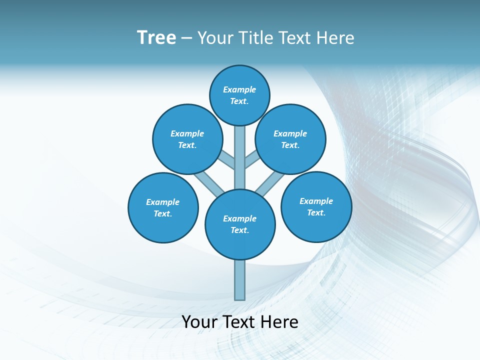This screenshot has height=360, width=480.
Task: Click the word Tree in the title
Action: pyautogui.click(x=156, y=38)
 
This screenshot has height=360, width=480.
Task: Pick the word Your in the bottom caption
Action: pyautogui.click(x=200, y=322)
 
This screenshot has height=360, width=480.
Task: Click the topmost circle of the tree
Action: pyautogui.click(x=239, y=95)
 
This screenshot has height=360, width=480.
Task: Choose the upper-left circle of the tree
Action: pyautogui.click(x=187, y=139)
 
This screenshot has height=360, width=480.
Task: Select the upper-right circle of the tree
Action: pyautogui.click(x=290, y=139)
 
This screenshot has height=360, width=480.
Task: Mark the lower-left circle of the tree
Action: pyautogui.click(x=163, y=207)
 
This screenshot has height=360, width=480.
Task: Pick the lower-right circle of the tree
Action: pyautogui.click(x=316, y=206)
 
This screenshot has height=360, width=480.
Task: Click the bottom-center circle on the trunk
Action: pyautogui.click(x=240, y=224)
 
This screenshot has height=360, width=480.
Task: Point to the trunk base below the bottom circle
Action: pyautogui.click(x=240, y=280)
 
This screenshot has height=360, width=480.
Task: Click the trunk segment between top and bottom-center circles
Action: pyautogui.click(x=240, y=157)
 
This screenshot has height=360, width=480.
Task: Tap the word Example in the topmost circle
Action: pyautogui.click(x=239, y=90)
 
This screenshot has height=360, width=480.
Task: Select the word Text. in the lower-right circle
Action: pyautogui.click(x=316, y=213)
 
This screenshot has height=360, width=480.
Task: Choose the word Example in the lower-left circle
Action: pyautogui.click(x=163, y=202)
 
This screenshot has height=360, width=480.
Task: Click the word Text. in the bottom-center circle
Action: pyautogui.click(x=240, y=230)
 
